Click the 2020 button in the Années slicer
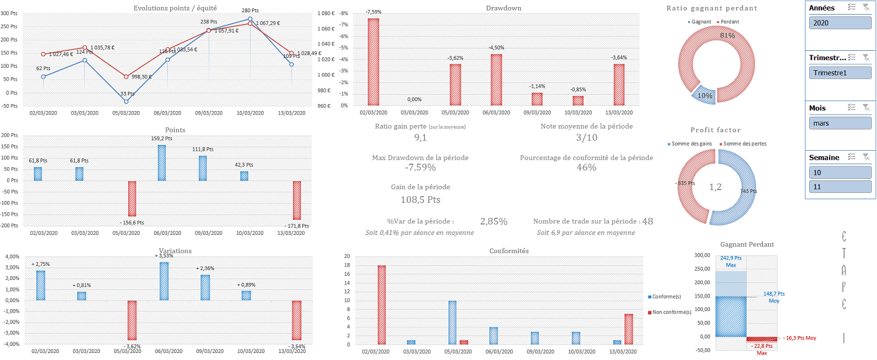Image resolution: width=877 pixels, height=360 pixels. pyautogui.click(x=840, y=23)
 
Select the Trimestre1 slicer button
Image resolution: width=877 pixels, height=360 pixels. pyautogui.click(x=840, y=73)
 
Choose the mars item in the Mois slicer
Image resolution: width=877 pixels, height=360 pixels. pyautogui.click(x=840, y=123)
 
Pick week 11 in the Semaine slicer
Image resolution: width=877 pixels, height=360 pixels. pyautogui.click(x=840, y=186)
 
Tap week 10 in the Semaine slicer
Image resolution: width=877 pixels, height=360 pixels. pyautogui.click(x=840, y=173)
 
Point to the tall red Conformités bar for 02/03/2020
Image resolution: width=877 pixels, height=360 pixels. pyautogui.click(x=381, y=304)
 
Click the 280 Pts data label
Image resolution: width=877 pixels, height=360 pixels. pyautogui.click(x=250, y=11)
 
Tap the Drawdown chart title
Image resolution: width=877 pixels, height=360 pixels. pyautogui.click(x=503, y=8)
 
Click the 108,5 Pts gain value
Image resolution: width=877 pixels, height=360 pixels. pyautogui.click(x=420, y=199)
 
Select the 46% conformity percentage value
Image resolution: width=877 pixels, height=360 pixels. pyautogui.click(x=586, y=168)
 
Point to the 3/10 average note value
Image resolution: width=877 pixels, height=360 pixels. pyautogui.click(x=586, y=138)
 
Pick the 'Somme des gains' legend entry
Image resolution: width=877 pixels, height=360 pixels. pyautogui.click(x=692, y=144)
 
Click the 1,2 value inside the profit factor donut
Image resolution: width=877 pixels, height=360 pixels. pyautogui.click(x=716, y=187)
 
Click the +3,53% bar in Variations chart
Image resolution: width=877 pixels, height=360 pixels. pyautogui.click(x=164, y=281)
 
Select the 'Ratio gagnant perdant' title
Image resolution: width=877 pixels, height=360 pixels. pyautogui.click(x=712, y=8)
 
